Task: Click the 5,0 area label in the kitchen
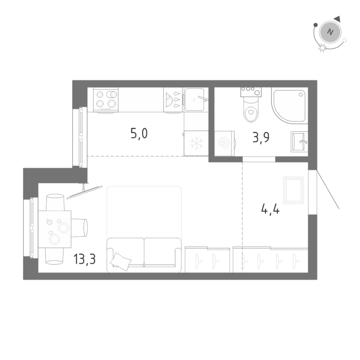coord(139,134)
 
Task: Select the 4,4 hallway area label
coord(270,209)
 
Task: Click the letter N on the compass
coord(331,32)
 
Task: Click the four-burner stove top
coord(106,99)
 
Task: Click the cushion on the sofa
coord(121,260)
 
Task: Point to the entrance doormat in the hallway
coord(294,190)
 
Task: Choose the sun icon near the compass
coord(321,49)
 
